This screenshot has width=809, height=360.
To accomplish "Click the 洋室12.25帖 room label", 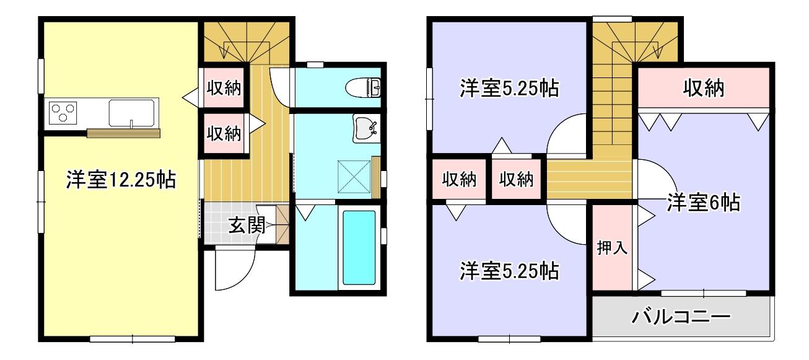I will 120,181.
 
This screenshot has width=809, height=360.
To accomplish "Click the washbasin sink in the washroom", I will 365,129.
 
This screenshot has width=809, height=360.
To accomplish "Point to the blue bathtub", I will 359,247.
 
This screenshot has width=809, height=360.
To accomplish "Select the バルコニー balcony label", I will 681,318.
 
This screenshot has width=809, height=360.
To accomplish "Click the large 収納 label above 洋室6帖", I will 704,89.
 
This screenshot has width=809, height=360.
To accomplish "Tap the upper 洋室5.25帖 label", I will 509,89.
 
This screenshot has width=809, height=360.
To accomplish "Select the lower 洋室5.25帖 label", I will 509,271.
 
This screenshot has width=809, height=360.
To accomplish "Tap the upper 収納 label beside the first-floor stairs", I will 224,89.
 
